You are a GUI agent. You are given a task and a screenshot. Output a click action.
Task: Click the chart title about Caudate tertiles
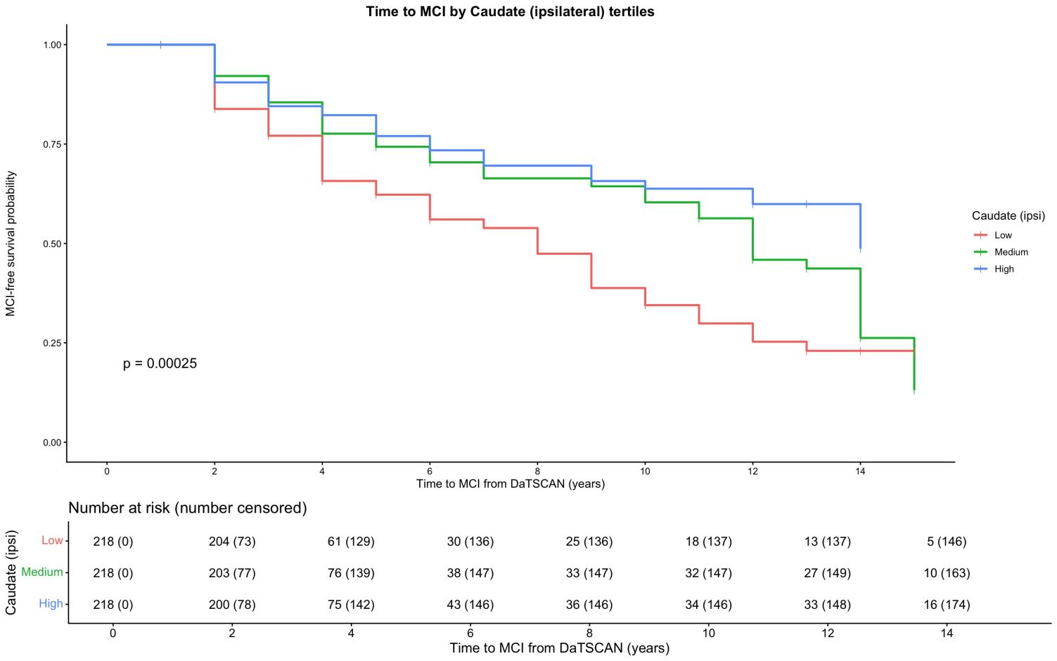click(510, 11)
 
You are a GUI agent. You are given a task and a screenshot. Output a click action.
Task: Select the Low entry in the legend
click(993, 235)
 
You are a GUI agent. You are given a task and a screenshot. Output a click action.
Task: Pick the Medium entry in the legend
click(1001, 252)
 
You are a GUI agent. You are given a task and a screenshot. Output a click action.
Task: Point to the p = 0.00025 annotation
click(160, 363)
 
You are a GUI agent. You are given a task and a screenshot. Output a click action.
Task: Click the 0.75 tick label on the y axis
click(52, 144)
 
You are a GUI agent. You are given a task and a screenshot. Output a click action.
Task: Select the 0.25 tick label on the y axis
click(52, 343)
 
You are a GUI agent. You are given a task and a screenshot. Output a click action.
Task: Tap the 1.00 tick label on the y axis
click(52, 45)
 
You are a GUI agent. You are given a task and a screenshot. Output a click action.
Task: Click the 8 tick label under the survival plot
click(537, 471)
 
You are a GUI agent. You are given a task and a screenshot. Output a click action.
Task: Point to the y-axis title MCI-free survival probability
click(11, 244)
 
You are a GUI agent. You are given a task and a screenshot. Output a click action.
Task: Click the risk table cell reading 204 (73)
click(232, 541)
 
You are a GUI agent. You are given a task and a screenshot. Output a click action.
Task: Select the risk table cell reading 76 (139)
click(351, 573)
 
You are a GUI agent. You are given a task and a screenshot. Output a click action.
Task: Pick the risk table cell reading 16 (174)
click(947, 605)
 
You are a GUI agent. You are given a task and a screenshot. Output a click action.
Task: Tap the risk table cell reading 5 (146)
click(947, 541)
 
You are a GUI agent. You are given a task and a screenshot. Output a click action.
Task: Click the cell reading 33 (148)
click(828, 605)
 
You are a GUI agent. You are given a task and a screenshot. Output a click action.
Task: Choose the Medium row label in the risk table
click(42, 572)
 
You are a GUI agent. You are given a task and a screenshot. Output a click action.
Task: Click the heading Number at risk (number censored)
click(188, 508)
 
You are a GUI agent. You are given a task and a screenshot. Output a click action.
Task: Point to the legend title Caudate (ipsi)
click(1008, 216)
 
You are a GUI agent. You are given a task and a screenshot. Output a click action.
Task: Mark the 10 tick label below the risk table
click(709, 633)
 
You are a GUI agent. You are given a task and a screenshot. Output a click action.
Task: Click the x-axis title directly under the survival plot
click(511, 484)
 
